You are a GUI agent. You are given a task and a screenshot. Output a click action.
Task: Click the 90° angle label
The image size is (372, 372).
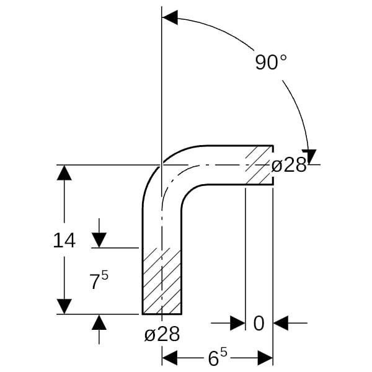271,62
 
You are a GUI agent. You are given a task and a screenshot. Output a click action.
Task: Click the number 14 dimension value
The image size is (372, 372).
64,241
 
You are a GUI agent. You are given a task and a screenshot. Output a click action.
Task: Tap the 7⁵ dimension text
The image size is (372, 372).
99,280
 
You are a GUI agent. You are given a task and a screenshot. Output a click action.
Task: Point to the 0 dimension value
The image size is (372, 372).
259,323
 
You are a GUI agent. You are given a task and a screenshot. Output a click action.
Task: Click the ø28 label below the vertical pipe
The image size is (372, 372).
162,334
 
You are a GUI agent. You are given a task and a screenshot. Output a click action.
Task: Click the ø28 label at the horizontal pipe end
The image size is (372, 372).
289,165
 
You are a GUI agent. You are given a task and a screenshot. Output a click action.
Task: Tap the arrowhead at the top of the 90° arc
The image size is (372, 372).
170,17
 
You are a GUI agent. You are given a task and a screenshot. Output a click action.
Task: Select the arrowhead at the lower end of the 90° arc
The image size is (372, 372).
309,157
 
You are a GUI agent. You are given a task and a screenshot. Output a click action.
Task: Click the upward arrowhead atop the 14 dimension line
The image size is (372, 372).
64,172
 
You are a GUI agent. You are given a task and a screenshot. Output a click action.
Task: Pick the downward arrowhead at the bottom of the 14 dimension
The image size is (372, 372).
64,306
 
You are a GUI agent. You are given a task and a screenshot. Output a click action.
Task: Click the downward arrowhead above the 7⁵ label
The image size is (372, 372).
99,240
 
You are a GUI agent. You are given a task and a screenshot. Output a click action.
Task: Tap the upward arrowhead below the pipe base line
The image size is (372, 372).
99,322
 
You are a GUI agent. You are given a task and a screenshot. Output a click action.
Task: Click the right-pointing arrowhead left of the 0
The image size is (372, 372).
237,323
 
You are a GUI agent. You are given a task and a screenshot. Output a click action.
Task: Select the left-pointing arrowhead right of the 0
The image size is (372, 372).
281,323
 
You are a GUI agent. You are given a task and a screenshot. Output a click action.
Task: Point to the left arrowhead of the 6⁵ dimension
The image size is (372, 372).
170,358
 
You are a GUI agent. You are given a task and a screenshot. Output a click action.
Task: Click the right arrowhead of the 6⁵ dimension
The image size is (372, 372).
265,358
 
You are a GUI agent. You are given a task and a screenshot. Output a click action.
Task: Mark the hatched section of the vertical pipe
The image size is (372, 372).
162,281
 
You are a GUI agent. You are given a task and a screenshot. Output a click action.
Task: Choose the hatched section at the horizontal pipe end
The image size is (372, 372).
259,165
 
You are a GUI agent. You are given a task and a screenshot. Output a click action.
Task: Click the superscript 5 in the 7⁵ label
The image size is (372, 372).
105,275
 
